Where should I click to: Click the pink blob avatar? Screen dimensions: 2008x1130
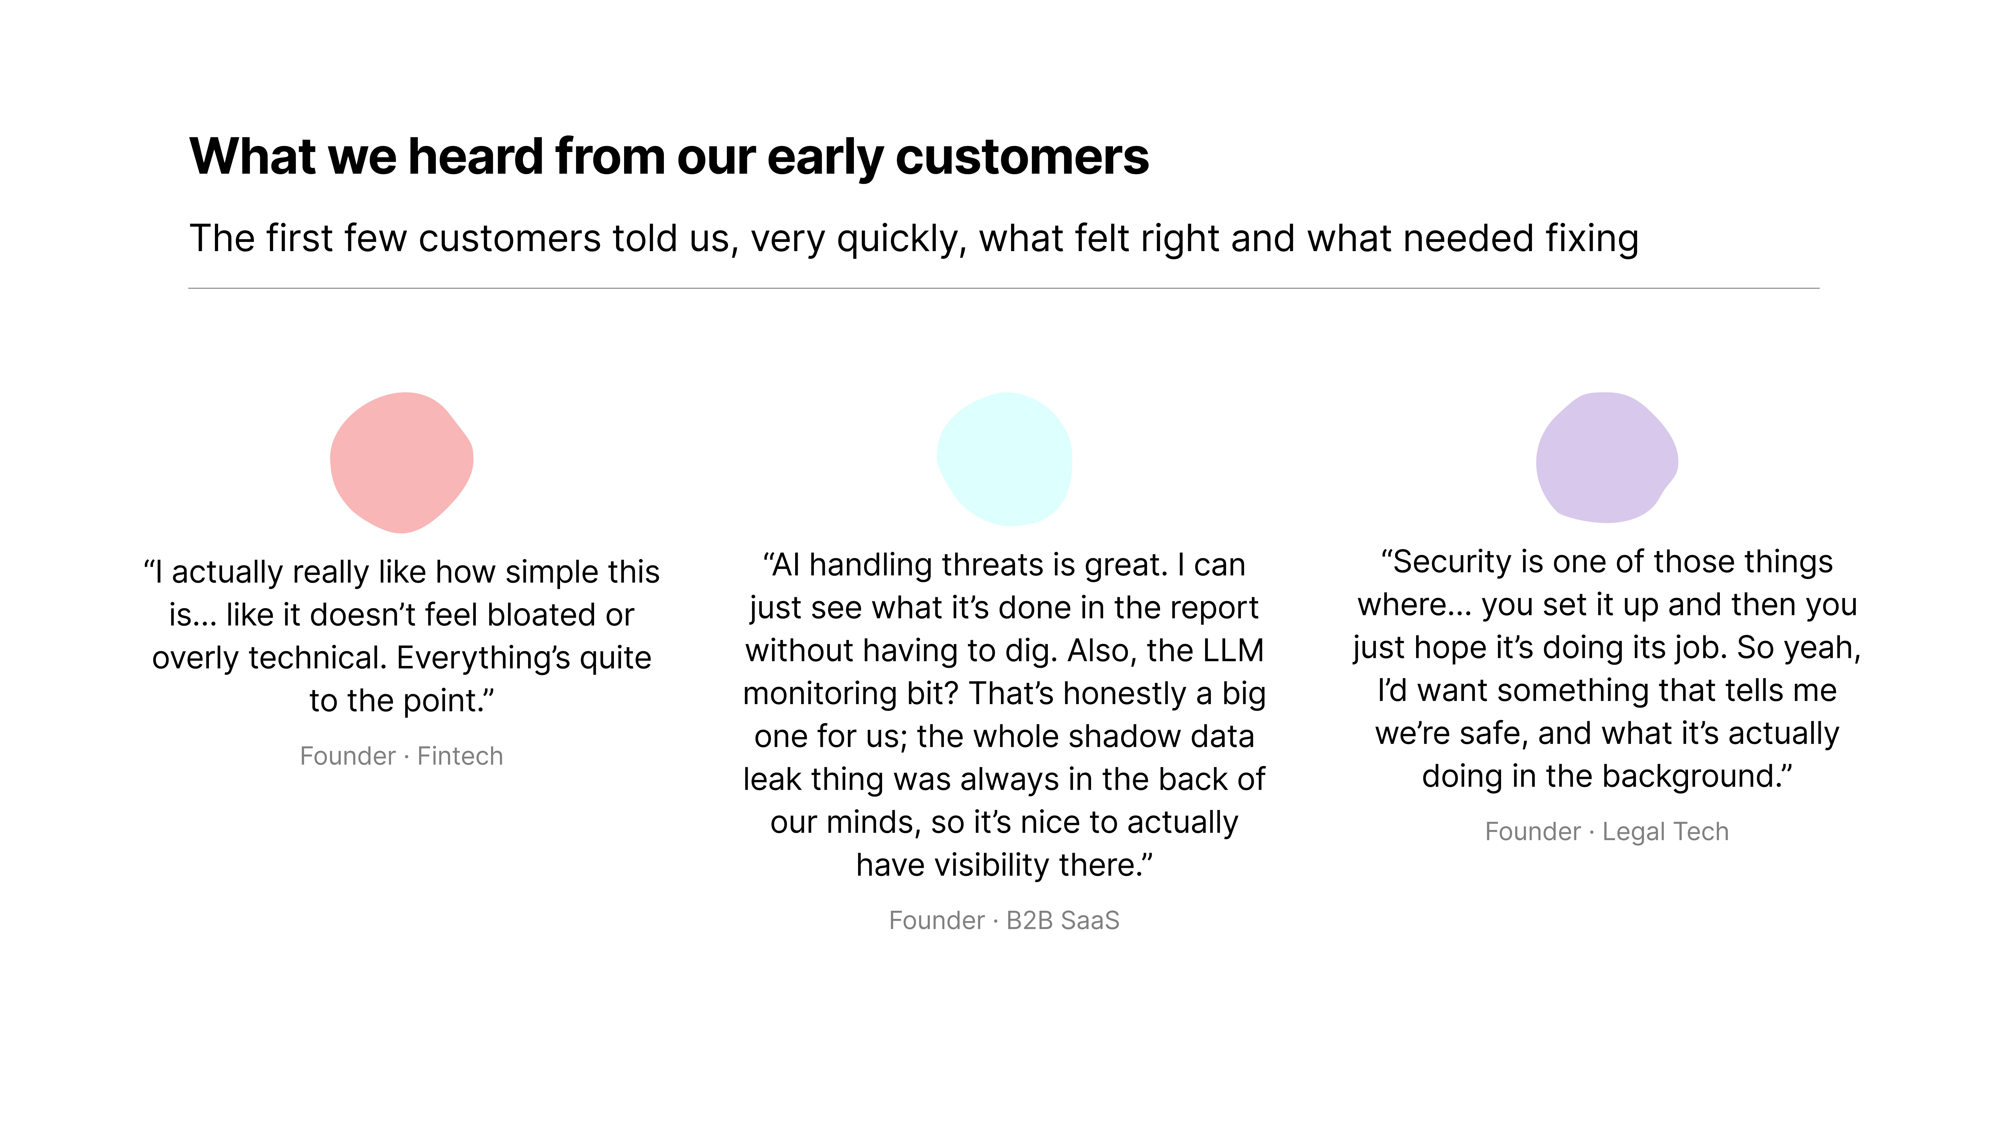click(401, 462)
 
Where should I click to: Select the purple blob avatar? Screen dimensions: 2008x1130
click(1607, 458)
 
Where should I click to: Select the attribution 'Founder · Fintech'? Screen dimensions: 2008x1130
click(401, 756)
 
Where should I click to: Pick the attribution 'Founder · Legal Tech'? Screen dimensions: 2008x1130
click(1607, 832)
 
